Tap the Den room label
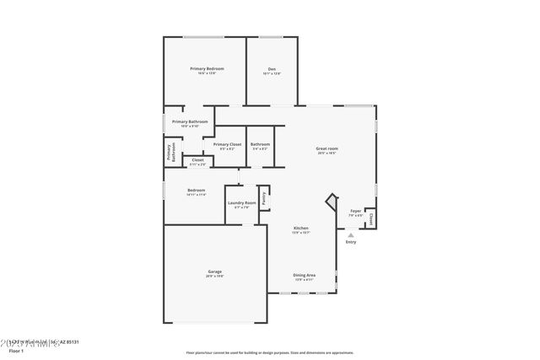[x=272, y=69]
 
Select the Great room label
[x=327, y=150]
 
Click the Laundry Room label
[x=241, y=203]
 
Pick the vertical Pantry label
[x=264, y=198]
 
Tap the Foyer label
[x=356, y=211]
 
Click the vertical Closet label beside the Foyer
[x=371, y=218]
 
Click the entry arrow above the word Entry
[x=351, y=235]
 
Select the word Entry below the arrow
[x=351, y=243]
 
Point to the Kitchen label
[x=301, y=228]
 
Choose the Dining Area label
[x=305, y=276]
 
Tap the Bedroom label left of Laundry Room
[x=197, y=191]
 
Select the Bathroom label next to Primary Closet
[x=260, y=145]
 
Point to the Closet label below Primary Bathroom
[x=197, y=160]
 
